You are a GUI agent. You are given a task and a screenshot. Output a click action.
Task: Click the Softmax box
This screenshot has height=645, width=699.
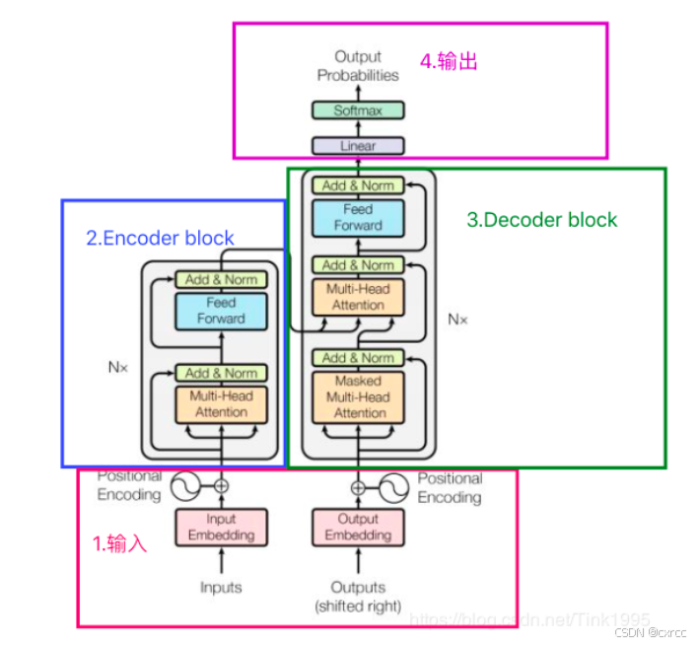click(358, 110)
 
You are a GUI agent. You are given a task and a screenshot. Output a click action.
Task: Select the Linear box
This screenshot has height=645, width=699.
click(358, 146)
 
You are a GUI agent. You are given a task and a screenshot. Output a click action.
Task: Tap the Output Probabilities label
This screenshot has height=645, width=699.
click(358, 66)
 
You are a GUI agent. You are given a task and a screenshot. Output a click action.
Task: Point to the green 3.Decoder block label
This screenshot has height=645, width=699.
click(541, 219)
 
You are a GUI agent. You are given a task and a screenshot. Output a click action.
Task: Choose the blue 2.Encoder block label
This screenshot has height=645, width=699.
click(160, 238)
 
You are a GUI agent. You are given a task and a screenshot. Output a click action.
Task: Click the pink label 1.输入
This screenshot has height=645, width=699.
click(119, 543)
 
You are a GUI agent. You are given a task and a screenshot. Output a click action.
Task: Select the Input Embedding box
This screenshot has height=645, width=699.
click(221, 527)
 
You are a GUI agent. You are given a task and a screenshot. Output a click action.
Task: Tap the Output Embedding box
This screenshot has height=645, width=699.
click(358, 527)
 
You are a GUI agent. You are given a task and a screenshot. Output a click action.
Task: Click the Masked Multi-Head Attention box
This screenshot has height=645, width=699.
click(358, 396)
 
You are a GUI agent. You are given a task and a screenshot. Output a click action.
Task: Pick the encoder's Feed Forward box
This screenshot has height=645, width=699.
click(221, 311)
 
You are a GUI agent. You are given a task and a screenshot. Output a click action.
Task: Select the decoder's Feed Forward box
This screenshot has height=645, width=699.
click(358, 217)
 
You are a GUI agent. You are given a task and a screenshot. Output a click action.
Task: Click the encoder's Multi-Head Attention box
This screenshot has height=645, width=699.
click(221, 404)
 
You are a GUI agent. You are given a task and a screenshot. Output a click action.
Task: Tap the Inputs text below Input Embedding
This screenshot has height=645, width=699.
click(221, 588)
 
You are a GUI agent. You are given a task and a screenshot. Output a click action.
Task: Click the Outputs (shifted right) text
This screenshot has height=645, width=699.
click(358, 596)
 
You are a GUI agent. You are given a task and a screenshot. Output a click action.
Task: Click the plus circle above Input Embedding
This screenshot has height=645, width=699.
click(221, 485)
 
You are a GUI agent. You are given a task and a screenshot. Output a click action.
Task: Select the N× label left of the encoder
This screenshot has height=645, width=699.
click(118, 367)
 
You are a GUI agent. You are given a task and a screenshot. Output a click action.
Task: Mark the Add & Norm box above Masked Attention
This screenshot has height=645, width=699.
click(358, 358)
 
